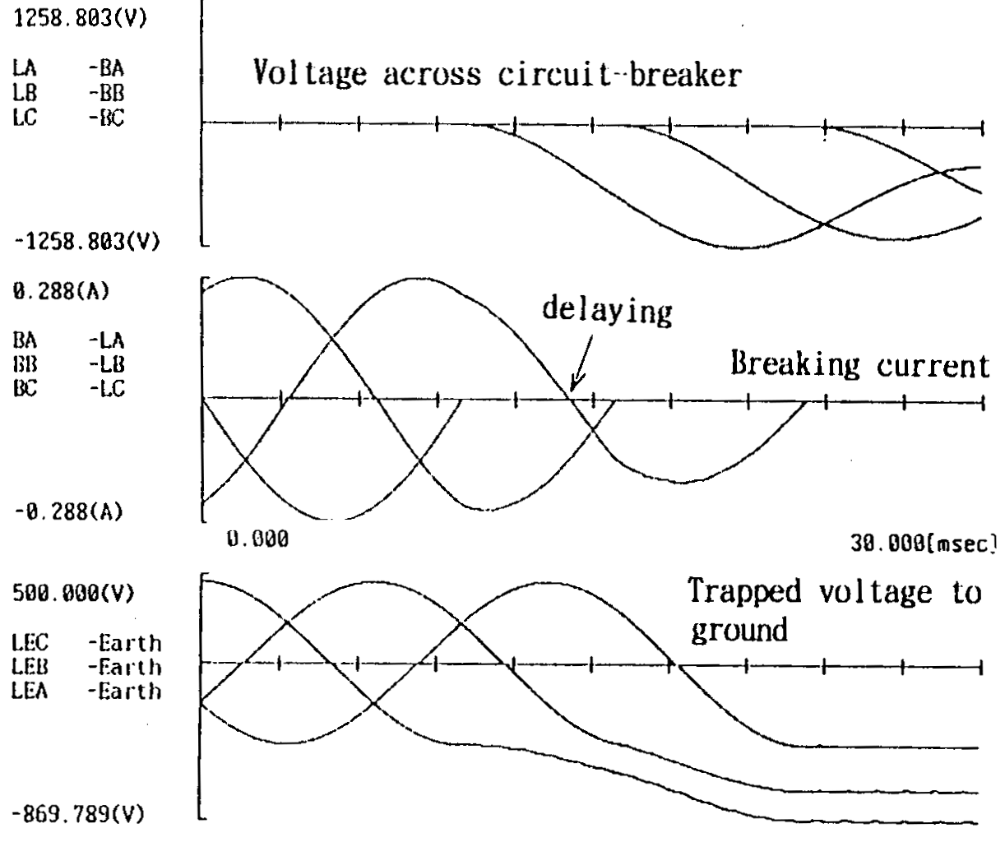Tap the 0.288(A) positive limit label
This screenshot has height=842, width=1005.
(62, 292)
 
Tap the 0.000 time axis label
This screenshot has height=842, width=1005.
(257, 539)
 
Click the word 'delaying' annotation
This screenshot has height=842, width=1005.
(606, 310)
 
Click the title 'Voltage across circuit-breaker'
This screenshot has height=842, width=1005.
(497, 74)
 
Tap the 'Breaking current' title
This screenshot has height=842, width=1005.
(860, 364)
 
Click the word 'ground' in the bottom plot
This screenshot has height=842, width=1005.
(739, 631)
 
